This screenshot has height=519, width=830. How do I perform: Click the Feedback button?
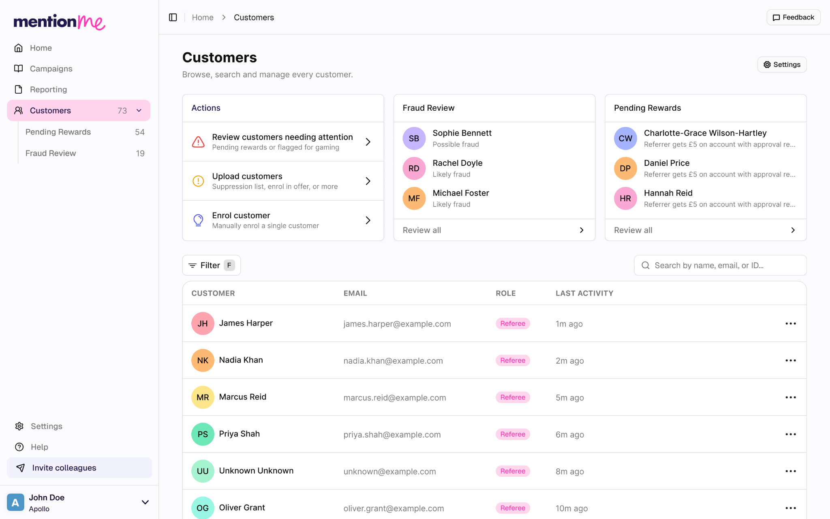point(793,17)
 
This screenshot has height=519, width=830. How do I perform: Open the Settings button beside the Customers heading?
point(782,64)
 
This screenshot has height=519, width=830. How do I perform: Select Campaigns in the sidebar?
point(51,69)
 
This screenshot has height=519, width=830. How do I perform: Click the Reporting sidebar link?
point(48,89)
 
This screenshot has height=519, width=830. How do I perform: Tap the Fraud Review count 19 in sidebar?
point(140,153)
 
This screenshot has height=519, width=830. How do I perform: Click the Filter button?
point(211,265)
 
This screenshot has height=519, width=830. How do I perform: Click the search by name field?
point(720,265)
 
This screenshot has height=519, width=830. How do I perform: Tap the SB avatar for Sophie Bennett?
point(414,138)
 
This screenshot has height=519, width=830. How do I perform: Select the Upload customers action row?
point(283,181)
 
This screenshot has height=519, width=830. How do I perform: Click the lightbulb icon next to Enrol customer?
point(198,220)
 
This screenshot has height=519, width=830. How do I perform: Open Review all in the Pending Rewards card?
point(705,230)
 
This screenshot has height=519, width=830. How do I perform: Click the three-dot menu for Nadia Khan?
point(791,360)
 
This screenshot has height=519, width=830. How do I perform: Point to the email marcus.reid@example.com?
point(395,398)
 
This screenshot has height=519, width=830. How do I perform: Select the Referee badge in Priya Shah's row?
point(513,434)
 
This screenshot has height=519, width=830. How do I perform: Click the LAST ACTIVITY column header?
point(584,293)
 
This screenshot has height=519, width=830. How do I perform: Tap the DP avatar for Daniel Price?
point(625,168)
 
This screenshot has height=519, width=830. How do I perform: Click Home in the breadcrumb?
point(203,17)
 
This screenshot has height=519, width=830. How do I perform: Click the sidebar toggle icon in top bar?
point(173,17)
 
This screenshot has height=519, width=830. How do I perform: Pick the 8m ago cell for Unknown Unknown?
point(570,472)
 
